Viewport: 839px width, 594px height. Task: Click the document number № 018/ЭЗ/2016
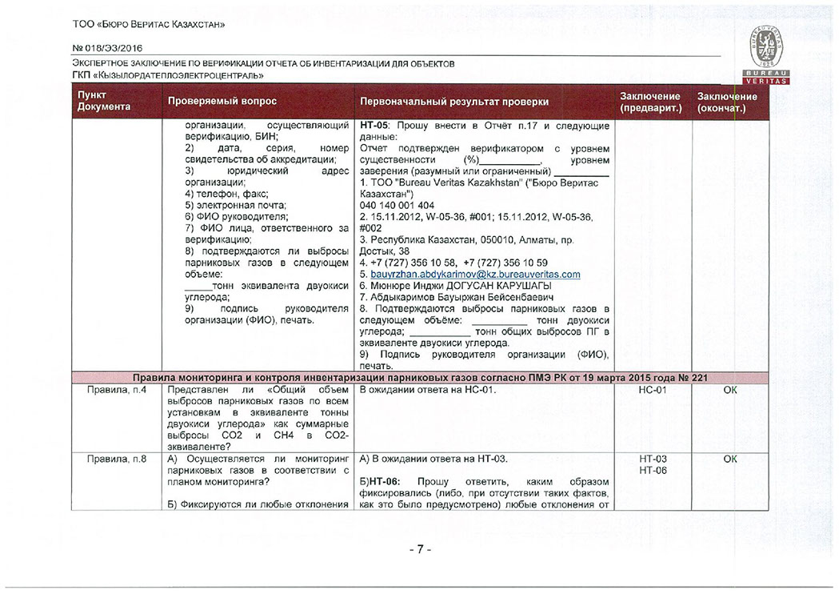(102, 48)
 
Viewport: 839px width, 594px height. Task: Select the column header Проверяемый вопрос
(222, 102)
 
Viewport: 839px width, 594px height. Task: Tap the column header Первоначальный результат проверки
(454, 102)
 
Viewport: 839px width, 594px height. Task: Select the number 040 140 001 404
(398, 205)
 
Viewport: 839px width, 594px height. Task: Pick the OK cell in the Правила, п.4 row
(729, 390)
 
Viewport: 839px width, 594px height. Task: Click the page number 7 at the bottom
(420, 550)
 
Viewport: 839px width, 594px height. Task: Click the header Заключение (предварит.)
(650, 102)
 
